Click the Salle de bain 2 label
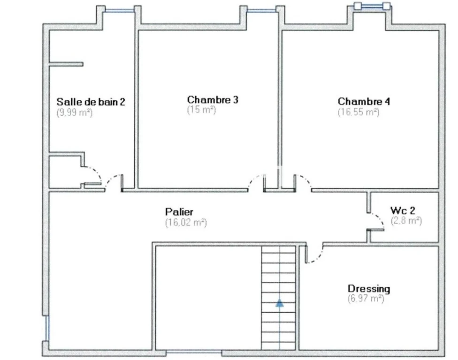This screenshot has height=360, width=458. click(x=91, y=102)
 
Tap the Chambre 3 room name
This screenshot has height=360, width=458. click(x=213, y=100)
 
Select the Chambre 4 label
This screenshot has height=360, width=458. click(x=364, y=101)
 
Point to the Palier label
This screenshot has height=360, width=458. click(x=179, y=211)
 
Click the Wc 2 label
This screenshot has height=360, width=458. click(x=403, y=210)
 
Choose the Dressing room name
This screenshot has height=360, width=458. click(x=369, y=289)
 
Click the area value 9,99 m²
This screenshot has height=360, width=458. click(x=75, y=112)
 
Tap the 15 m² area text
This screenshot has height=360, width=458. click(x=201, y=110)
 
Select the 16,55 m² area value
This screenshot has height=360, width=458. click(x=359, y=112)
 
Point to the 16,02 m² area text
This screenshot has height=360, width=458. click(x=186, y=223)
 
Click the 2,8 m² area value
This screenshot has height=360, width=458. click(x=406, y=221)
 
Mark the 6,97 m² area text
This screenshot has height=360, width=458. click(x=366, y=299)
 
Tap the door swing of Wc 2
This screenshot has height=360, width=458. click(x=379, y=219)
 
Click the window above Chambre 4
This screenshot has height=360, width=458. click(x=372, y=6)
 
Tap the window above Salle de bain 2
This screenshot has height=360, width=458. click(x=120, y=11)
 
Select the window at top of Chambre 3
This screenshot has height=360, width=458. click(x=261, y=11)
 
